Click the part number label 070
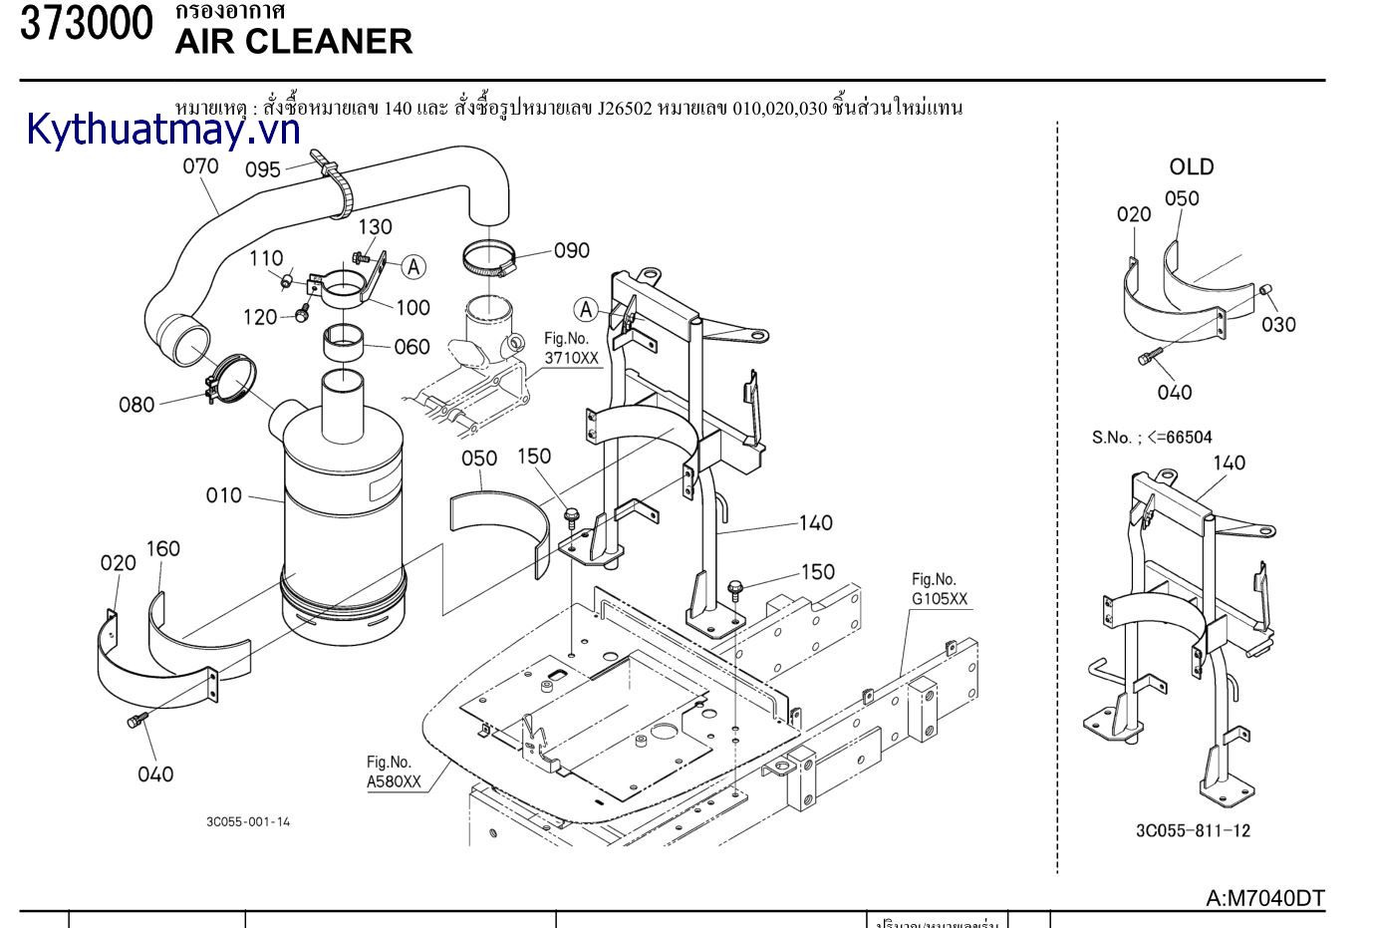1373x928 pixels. (200, 166)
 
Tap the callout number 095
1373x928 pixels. (263, 169)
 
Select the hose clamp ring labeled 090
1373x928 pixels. (489, 261)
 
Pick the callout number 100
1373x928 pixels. (412, 308)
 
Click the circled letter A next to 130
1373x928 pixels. (413, 267)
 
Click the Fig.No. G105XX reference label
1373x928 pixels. (940, 589)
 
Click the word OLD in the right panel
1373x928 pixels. (1192, 166)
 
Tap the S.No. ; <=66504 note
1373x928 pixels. (1152, 437)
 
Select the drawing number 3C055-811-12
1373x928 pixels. (1193, 830)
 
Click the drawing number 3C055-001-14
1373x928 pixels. (248, 822)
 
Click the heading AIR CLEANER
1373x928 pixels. (293, 42)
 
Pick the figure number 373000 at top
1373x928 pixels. (87, 24)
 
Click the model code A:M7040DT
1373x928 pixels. (1264, 898)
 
